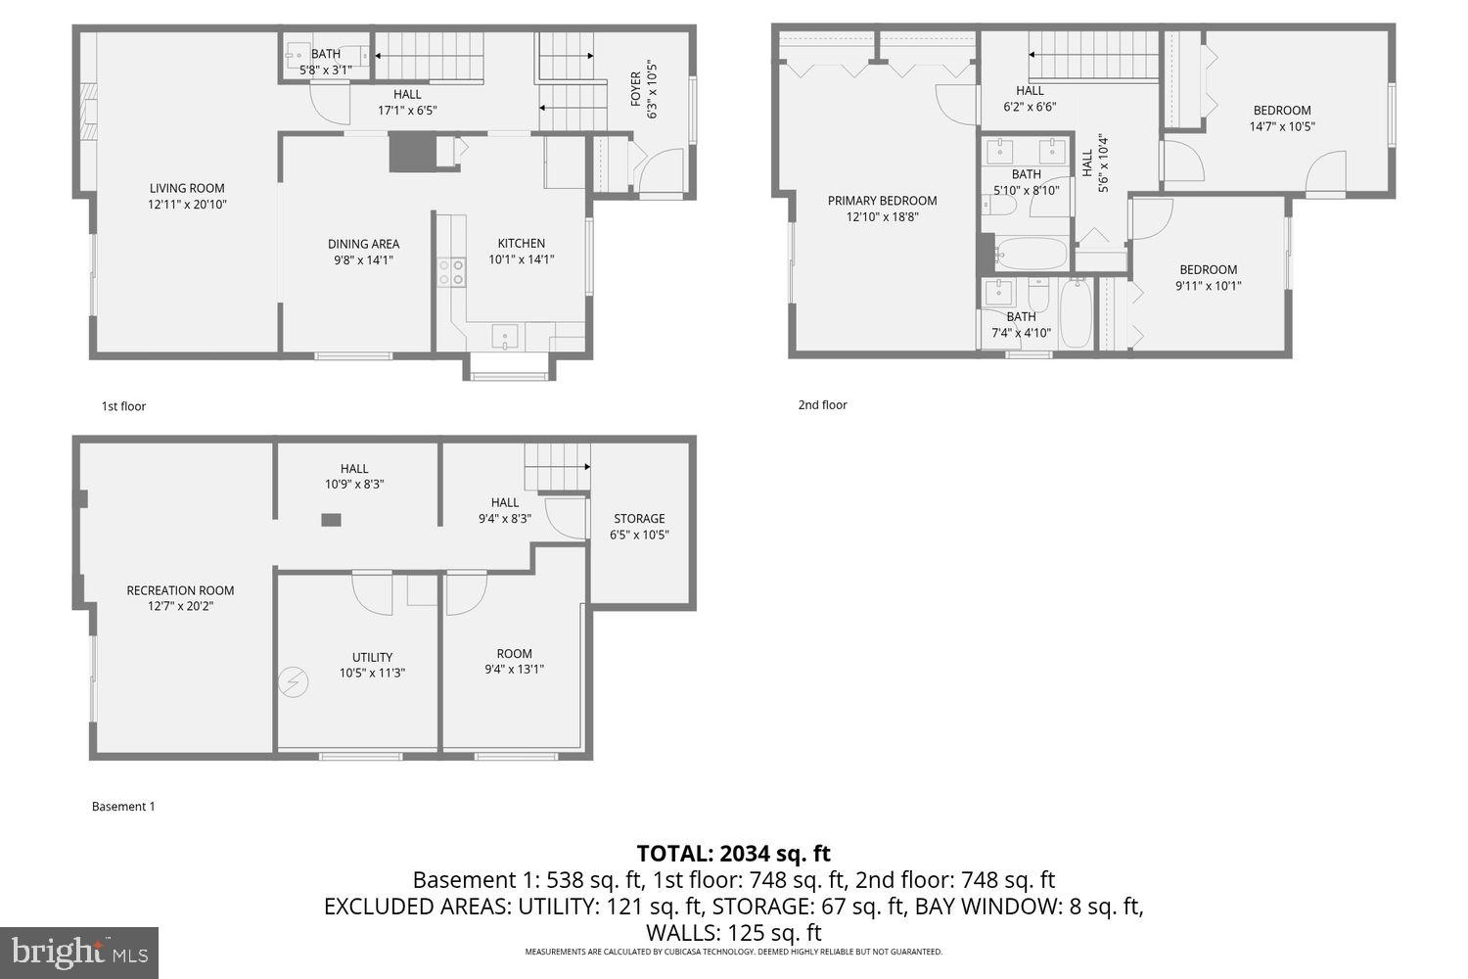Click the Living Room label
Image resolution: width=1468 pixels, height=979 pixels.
[x=187, y=188]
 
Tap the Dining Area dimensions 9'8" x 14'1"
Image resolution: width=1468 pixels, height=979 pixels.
[x=363, y=260]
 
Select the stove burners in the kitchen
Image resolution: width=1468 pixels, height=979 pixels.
[x=451, y=271]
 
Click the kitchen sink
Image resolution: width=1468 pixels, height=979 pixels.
[x=506, y=338]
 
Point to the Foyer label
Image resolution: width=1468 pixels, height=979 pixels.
[x=636, y=89]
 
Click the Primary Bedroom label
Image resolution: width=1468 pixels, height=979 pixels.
[x=882, y=201]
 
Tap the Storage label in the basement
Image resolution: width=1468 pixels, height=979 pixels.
[x=639, y=519]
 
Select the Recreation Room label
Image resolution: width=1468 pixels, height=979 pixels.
[x=180, y=590]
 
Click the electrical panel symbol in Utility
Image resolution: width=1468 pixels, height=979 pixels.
[x=292, y=681]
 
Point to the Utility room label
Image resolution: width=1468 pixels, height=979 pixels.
[x=372, y=657]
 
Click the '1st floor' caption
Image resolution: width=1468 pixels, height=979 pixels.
[x=123, y=406]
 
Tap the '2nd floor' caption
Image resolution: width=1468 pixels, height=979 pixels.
[x=822, y=405]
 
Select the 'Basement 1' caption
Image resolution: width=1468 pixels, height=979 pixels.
[x=123, y=807]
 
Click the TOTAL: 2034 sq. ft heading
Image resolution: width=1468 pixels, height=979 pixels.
[x=733, y=854]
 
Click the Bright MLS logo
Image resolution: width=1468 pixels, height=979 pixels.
[x=79, y=951]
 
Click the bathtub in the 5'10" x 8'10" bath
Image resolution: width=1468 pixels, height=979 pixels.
[x=1032, y=254]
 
